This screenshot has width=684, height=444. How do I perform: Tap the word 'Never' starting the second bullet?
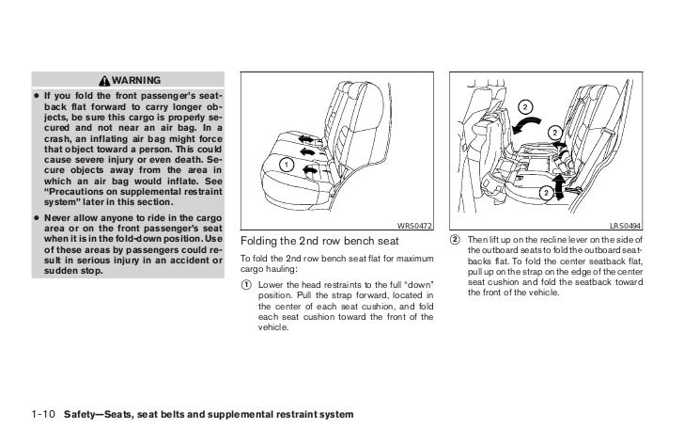click(60, 217)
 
